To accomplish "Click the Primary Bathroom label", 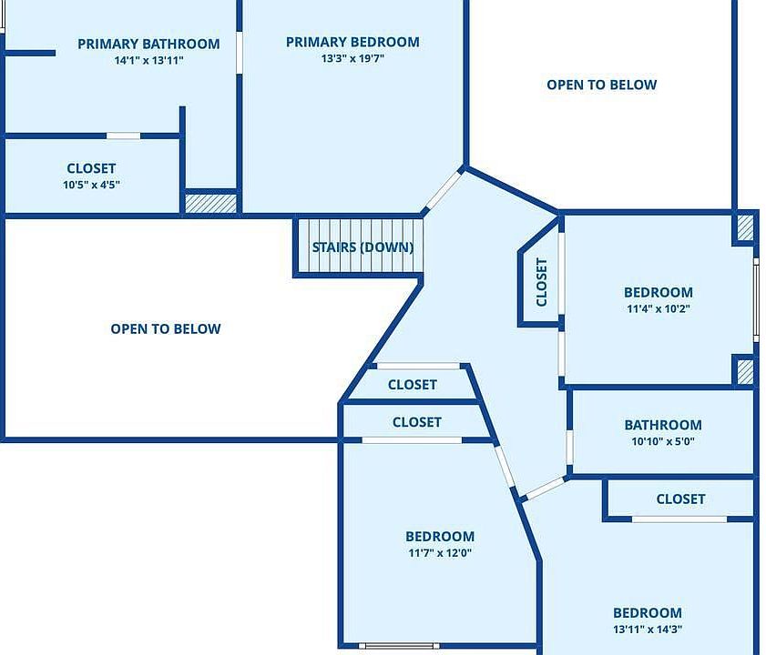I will click(148, 44).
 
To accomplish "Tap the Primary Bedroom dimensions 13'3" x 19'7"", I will click(352, 59).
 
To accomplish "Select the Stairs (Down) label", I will click(363, 247).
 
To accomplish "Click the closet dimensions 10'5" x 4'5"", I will click(91, 185).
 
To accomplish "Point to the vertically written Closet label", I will click(542, 282).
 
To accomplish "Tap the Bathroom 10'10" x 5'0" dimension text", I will click(662, 442).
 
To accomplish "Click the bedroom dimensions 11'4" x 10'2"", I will click(658, 308).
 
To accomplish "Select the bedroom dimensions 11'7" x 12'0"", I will click(439, 553).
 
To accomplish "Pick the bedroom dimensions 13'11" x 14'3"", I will click(647, 630).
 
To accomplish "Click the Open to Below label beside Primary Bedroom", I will click(601, 85).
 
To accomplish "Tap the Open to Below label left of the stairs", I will click(166, 328).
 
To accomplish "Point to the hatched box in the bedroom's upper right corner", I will click(744, 227).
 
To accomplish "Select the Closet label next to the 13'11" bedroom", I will click(680, 499).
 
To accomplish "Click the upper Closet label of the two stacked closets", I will click(412, 385).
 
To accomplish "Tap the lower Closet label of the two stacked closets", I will click(416, 422).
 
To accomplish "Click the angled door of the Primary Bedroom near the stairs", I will click(444, 191).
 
